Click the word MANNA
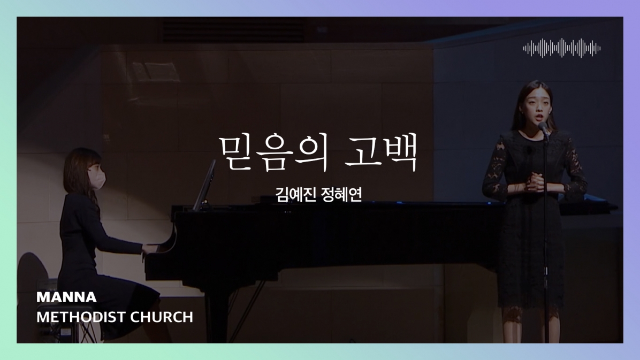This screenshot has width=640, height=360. [59, 297]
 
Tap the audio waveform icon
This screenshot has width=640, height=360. [562, 48]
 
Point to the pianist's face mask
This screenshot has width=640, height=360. [99, 178]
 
